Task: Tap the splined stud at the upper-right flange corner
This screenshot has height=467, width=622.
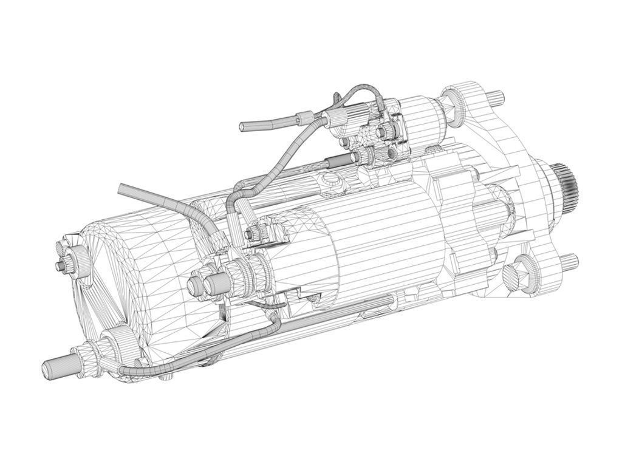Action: click(x=497, y=95)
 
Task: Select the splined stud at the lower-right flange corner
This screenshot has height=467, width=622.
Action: click(x=569, y=262)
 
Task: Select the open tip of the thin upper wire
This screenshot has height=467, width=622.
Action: click(x=243, y=126)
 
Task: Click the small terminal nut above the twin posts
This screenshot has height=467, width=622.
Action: click(x=253, y=232)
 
